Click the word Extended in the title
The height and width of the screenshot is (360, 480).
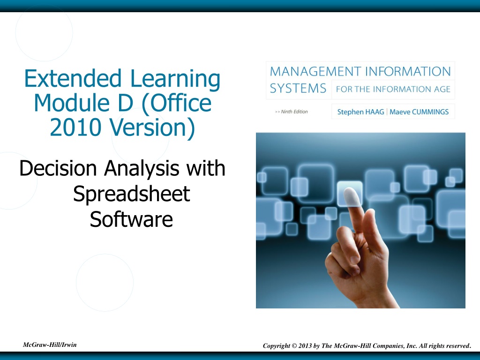coord(73,79)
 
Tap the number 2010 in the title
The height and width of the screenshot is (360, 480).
coord(75,127)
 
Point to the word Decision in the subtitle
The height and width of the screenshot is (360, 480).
coord(58,168)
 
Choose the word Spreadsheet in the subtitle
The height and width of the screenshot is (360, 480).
coord(132,195)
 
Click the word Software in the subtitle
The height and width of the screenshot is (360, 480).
coord(131,219)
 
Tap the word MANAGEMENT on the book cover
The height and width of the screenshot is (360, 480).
coord(315,72)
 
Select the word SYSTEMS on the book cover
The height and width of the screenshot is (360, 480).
coord(298,89)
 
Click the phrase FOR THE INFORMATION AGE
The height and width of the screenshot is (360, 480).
coord(393,89)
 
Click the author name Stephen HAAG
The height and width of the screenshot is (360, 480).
coord(360,112)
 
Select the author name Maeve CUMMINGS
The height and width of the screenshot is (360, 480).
coord(419,112)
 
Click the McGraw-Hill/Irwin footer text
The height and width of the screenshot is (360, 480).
coord(50,345)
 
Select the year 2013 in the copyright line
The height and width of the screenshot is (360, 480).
coord(305,345)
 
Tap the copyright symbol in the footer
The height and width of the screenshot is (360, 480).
coord(294,345)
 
